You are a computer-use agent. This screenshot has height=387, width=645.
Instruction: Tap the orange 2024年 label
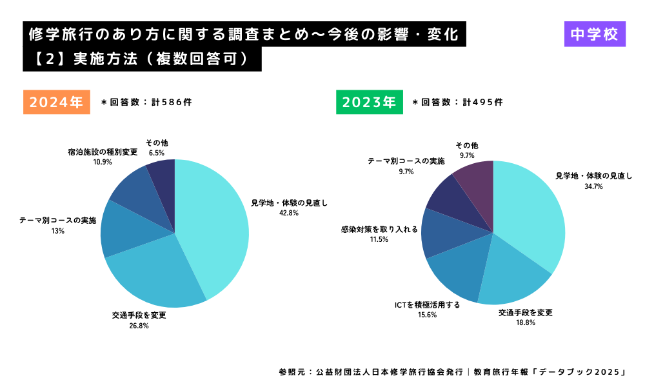pos(57,102)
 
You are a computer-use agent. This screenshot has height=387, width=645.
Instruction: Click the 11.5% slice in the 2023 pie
pos(440,232)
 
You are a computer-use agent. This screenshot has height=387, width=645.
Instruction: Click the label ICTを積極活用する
pos(427,304)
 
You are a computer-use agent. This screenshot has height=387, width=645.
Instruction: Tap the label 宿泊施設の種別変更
pos(103,152)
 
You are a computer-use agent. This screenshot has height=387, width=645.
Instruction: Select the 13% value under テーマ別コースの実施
pos(57,231)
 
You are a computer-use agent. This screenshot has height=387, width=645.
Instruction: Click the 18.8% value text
pos(526,322)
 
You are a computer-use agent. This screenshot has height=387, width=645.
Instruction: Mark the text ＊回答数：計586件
pos(146,102)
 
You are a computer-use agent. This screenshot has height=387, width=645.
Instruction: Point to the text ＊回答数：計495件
pos(457,102)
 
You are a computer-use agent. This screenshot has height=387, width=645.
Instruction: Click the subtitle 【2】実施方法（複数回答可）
pos(142,59)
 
